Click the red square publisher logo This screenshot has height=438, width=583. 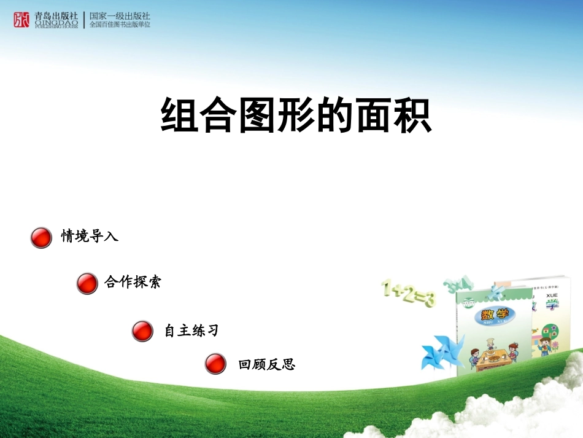(x=21, y=20)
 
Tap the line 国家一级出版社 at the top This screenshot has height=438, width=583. (x=120, y=16)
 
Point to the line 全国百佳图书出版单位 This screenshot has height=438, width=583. (x=120, y=25)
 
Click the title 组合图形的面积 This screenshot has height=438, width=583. (x=296, y=115)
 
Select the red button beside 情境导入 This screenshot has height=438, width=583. (x=41, y=237)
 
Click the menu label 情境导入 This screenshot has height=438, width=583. (x=90, y=237)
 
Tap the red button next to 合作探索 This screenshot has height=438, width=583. (x=87, y=283)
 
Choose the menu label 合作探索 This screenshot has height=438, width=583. (x=133, y=283)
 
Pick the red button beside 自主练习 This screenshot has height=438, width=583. (x=142, y=331)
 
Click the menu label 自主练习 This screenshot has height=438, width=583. (x=191, y=330)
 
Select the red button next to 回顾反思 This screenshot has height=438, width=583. (x=215, y=364)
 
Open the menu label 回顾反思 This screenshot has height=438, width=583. (x=267, y=365)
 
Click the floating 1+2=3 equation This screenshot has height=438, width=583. (x=408, y=294)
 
